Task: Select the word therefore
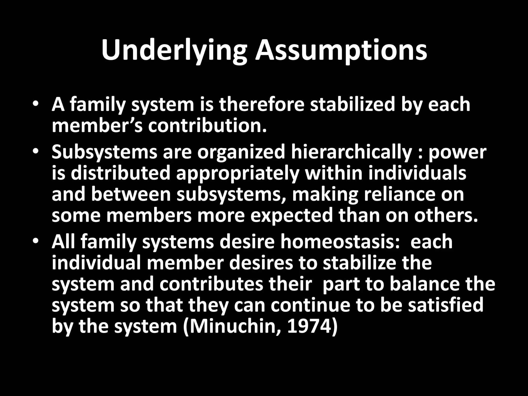(262, 105)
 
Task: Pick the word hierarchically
(351, 152)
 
